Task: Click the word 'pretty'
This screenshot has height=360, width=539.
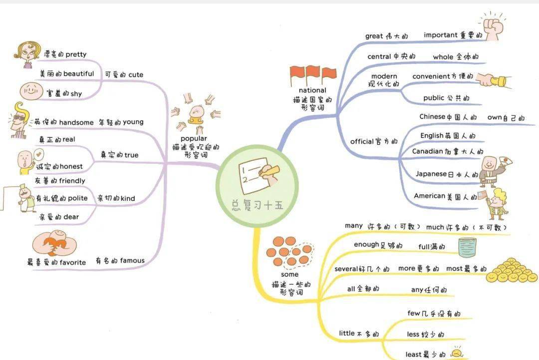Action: (x=76, y=54)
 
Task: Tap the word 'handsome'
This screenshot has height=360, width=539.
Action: (x=76, y=122)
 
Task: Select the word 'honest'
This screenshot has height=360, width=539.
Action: (x=71, y=166)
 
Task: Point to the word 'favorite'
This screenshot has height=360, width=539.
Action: (x=72, y=262)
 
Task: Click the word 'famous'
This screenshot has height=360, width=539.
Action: (x=132, y=261)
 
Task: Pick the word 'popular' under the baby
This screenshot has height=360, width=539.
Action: (x=194, y=139)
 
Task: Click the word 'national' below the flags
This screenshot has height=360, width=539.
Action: (x=312, y=90)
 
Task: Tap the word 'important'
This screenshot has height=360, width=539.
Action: (x=440, y=35)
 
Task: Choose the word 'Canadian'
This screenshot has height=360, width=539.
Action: (x=428, y=151)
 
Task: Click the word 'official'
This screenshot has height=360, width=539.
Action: (x=362, y=141)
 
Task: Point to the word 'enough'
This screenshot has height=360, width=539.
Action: (x=366, y=245)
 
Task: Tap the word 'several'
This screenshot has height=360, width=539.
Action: (x=346, y=269)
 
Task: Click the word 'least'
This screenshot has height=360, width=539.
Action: (x=413, y=354)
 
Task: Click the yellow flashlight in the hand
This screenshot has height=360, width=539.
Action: (x=498, y=81)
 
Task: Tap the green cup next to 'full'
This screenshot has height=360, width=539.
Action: (x=468, y=248)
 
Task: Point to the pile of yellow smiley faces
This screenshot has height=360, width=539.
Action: (x=512, y=270)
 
